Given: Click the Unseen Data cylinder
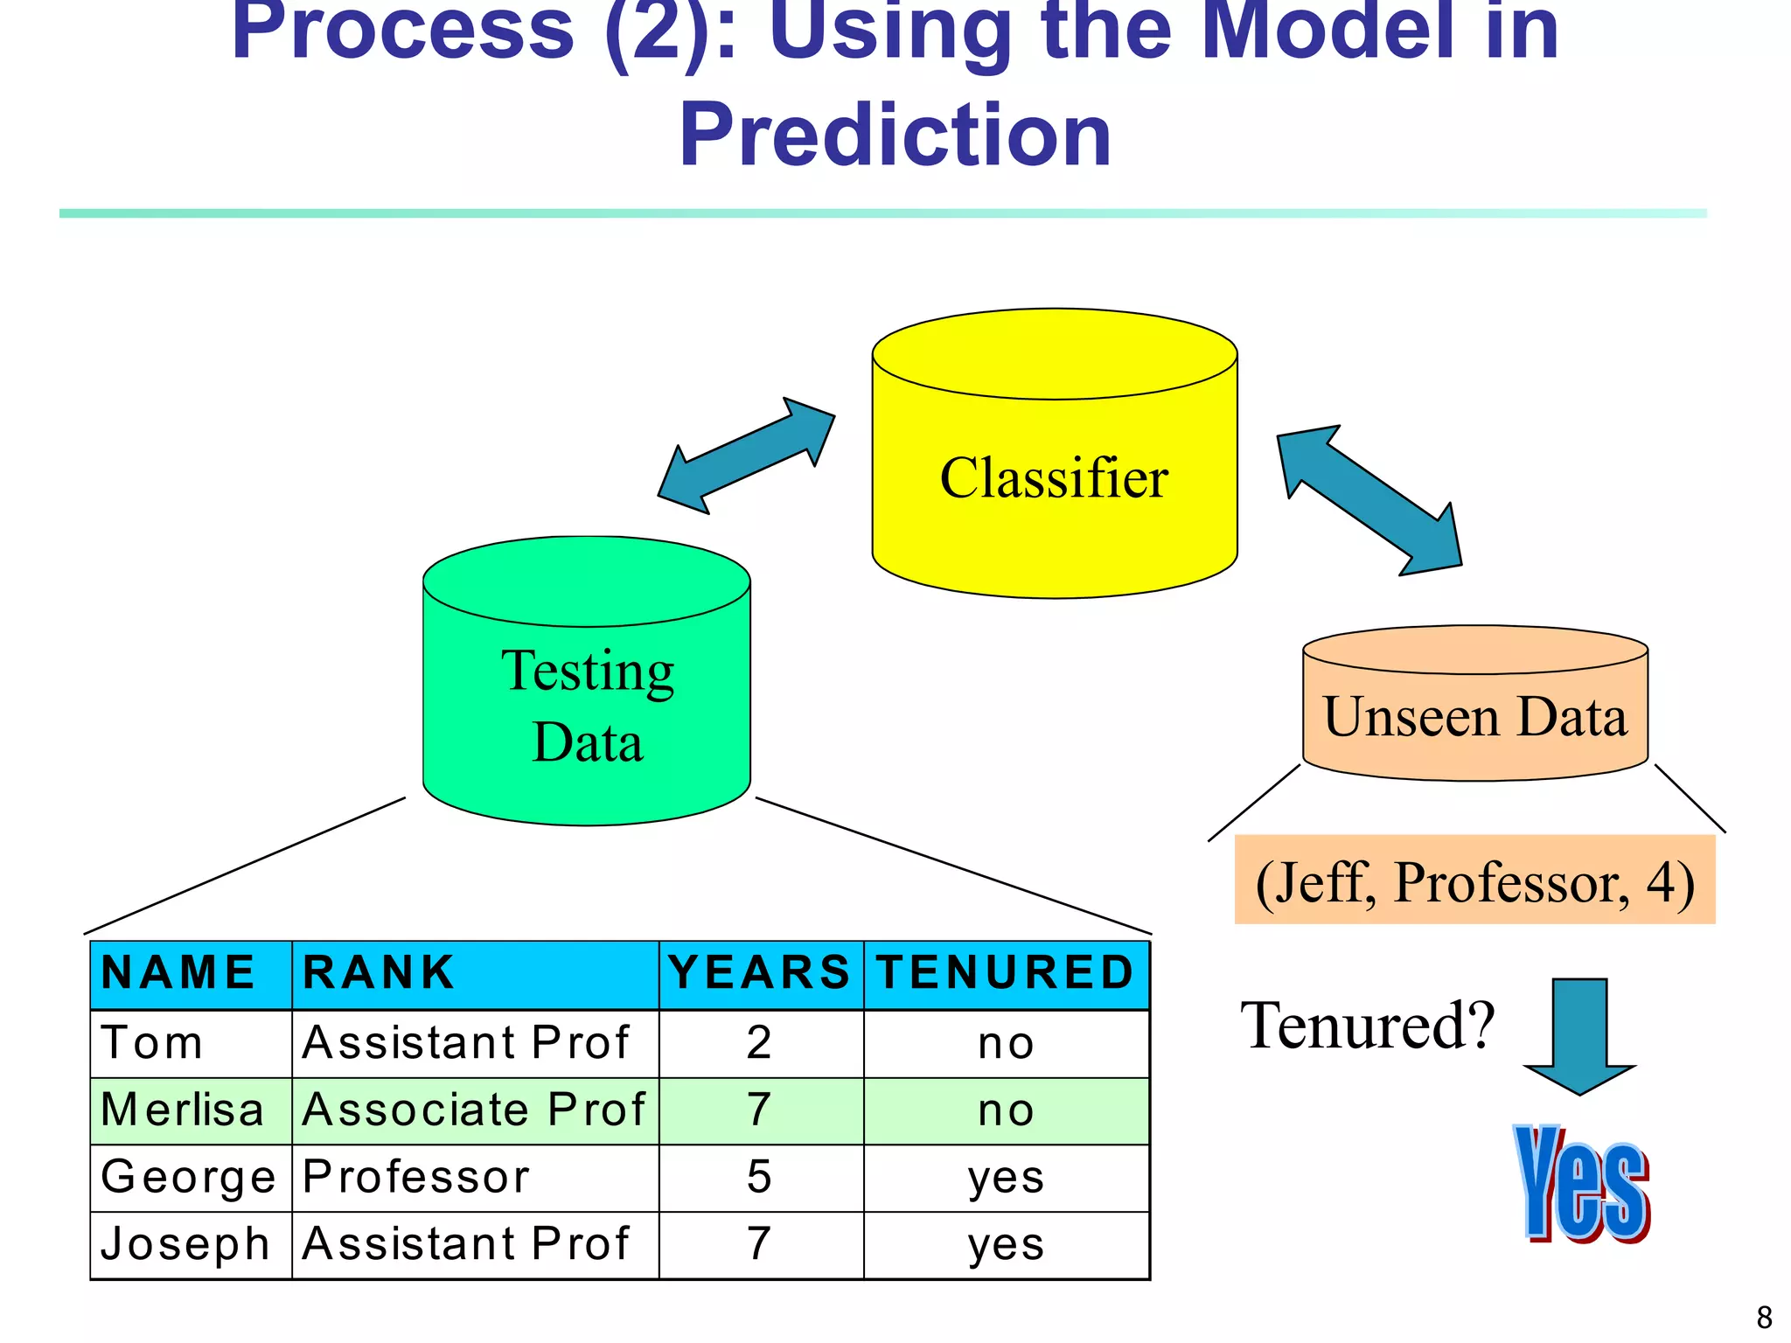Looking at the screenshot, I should [x=1475, y=717].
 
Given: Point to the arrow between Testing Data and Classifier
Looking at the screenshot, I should [x=746, y=456].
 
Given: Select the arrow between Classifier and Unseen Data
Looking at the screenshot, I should [x=1369, y=500].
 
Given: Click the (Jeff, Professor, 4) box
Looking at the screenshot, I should [x=1474, y=880].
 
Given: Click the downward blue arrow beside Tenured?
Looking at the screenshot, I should [x=1579, y=1036].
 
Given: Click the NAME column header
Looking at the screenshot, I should [x=178, y=973].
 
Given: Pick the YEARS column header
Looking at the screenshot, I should [x=759, y=973].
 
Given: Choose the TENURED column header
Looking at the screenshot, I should [x=1006, y=973].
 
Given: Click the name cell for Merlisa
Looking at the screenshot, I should [x=183, y=1110].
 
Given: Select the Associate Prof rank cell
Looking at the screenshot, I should [x=473, y=1110].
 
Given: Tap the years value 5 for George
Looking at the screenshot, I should [x=759, y=1177].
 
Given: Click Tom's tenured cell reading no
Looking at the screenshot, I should [x=1006, y=1043].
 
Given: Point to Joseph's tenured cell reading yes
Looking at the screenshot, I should [x=1006, y=1244].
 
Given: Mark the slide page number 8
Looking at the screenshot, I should [x=1764, y=1317].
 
